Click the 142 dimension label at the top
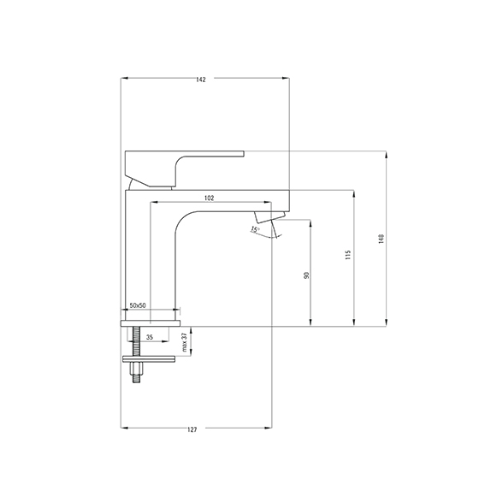pos(201,80)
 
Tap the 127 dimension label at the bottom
pos(192,429)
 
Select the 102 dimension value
pos(210,198)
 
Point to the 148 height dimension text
pos(381,239)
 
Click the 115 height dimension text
pos(348,255)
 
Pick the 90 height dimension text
pos(307,275)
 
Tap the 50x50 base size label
pos(138,305)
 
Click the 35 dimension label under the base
pos(150,337)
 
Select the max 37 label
pos(184,342)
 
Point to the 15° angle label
pos(255,229)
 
